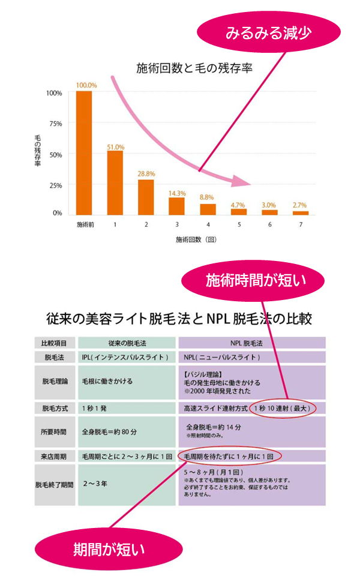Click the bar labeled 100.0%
(x=84, y=152)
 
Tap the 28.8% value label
(x=146, y=174)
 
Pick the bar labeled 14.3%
(x=177, y=205)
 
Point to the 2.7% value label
(x=300, y=205)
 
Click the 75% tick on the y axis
(x=55, y=124)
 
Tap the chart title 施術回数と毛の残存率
(x=194, y=68)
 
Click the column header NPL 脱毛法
(x=252, y=343)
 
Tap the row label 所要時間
(x=55, y=431)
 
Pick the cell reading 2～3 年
(x=96, y=483)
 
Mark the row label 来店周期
(x=55, y=456)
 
